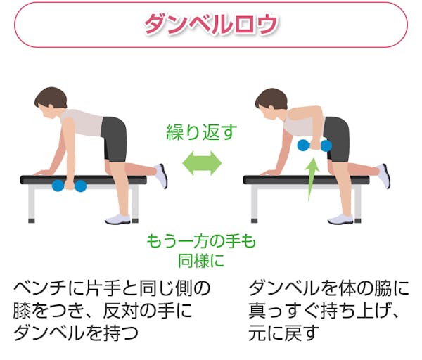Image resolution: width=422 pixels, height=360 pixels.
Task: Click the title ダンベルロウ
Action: coord(211,24)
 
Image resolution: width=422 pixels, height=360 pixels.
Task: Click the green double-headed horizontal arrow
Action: coord(202,163)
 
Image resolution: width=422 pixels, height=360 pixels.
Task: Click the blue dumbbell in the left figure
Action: coord(69,186)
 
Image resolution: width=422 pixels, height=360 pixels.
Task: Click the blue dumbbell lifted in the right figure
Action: coord(314,146)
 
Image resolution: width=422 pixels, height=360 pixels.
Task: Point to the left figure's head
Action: coord(51,103)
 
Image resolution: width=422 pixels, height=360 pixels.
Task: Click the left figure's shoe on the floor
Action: coord(118,219)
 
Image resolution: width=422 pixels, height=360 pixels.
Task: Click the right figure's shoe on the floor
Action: coord(340,219)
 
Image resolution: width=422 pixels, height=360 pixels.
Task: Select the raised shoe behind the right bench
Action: coord(383,175)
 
